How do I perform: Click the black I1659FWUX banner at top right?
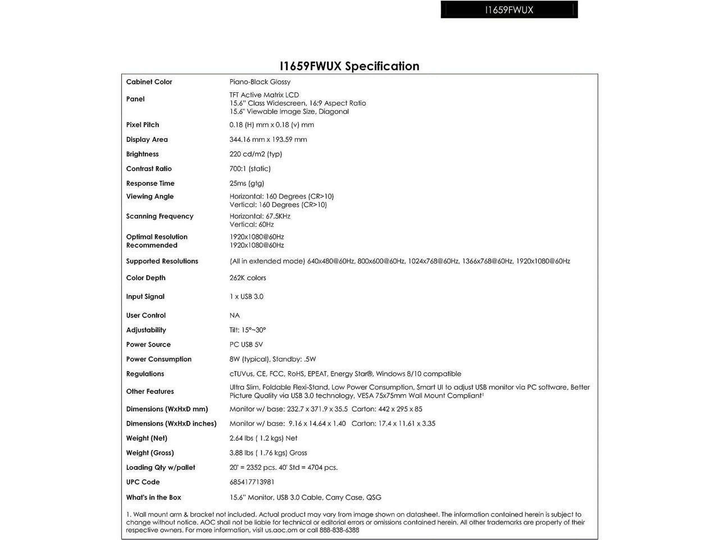click(x=509, y=10)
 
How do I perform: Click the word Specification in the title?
click(x=382, y=66)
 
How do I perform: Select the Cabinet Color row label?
click(x=149, y=82)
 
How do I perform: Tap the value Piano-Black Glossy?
click(x=260, y=82)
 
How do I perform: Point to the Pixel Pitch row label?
click(x=142, y=125)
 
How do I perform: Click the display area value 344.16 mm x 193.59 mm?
click(x=268, y=139)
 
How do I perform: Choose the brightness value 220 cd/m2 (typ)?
click(x=256, y=154)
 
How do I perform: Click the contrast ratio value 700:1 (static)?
click(x=250, y=168)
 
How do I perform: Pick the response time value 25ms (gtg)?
click(x=247, y=183)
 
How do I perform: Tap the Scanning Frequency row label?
click(x=160, y=216)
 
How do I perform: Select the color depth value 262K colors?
click(x=247, y=278)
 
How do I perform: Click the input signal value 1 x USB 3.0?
click(x=246, y=296)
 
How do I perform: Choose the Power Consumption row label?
click(x=159, y=359)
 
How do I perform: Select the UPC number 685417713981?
click(x=252, y=482)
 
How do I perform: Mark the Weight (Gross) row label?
click(x=150, y=453)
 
